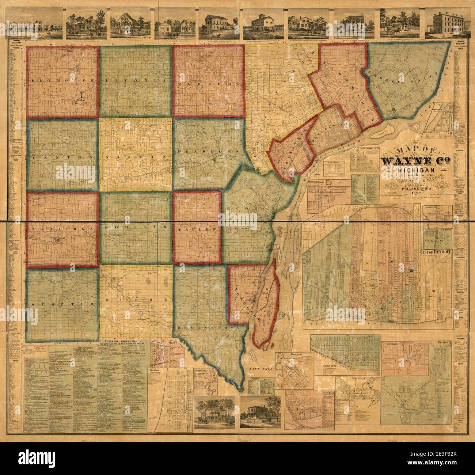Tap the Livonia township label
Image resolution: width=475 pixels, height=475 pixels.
136,80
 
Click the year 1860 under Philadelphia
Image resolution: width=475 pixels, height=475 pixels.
417,193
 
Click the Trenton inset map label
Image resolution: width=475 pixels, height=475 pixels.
156,370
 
